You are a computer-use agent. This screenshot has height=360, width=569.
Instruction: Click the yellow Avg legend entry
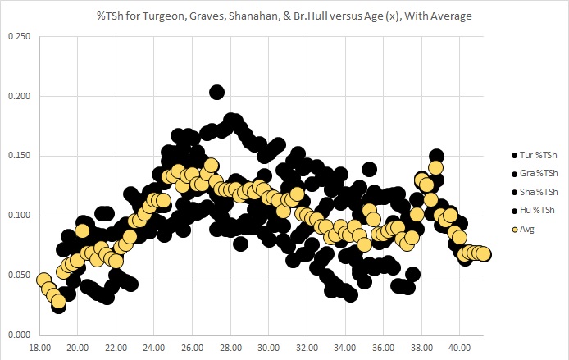pyautogui.click(x=527, y=230)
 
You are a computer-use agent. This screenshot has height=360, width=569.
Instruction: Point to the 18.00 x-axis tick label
pyautogui.click(x=39, y=347)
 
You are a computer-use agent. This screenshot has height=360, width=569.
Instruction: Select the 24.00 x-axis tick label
pyautogui.click(x=154, y=347)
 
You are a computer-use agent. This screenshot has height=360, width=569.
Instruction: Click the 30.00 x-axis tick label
pyautogui.click(x=269, y=347)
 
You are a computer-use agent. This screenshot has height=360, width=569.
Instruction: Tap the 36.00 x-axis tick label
pyautogui.click(x=384, y=347)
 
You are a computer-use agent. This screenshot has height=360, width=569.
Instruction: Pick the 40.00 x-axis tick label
pyautogui.click(x=460, y=347)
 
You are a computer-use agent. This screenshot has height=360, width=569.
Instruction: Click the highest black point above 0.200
pyautogui.click(x=217, y=93)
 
